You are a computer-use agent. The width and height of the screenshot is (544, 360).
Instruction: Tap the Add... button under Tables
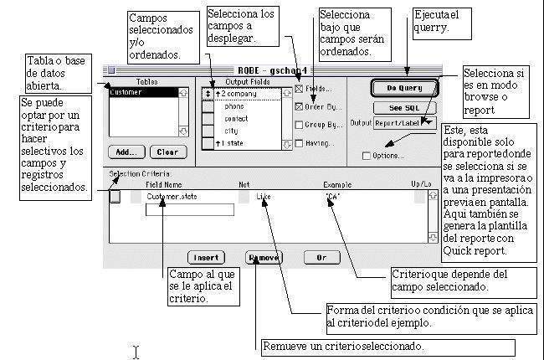coord(126,152)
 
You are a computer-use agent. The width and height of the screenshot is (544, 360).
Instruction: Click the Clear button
coord(167,152)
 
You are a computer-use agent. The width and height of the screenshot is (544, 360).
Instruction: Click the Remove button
coord(263,257)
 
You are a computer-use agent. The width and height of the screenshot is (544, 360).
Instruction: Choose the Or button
coord(321,257)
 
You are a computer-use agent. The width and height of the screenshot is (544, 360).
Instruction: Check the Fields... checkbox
coord(300,88)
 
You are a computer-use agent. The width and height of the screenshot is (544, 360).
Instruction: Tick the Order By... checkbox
coord(300,106)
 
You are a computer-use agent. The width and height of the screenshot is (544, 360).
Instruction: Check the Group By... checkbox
coord(300,125)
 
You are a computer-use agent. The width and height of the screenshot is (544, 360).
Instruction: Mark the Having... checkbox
coord(300,143)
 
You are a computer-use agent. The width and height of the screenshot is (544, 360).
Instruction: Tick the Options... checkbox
coord(367,155)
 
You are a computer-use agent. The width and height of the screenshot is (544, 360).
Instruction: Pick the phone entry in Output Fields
coord(235,106)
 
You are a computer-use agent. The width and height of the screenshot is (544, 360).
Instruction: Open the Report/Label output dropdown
coord(406,123)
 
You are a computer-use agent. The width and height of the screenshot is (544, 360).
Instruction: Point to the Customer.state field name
coord(171,197)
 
